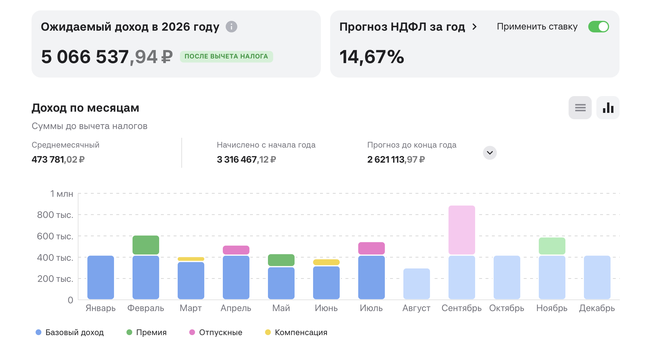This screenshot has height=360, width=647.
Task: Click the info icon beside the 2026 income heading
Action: click(x=231, y=27)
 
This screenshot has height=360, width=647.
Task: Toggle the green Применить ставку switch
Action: click(x=598, y=27)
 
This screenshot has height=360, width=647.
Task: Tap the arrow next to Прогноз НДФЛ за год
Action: click(x=474, y=27)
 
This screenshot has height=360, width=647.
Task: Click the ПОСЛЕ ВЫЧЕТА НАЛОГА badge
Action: click(x=226, y=56)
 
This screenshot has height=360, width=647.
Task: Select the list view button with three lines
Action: click(x=580, y=108)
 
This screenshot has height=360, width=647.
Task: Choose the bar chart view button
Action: click(x=608, y=108)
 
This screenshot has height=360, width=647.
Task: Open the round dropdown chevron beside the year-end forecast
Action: click(x=490, y=153)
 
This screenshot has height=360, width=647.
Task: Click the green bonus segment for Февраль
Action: click(x=146, y=245)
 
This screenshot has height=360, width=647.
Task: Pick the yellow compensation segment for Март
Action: click(x=191, y=259)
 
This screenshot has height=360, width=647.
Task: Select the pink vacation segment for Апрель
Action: click(x=236, y=250)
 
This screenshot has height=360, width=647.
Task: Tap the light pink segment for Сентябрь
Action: click(x=462, y=230)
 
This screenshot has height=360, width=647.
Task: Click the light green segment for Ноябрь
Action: click(x=552, y=246)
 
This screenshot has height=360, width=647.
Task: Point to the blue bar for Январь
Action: click(x=101, y=277)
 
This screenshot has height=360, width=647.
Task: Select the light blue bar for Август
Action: click(x=417, y=284)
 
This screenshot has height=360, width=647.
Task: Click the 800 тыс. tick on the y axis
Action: click(x=55, y=215)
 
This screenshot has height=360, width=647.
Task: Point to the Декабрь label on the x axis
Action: click(x=597, y=308)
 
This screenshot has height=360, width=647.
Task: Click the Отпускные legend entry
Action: click(x=216, y=332)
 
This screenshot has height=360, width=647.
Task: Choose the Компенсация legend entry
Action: click(x=296, y=332)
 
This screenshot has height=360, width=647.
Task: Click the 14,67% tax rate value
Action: click(x=372, y=57)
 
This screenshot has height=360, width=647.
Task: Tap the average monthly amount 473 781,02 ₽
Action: click(x=58, y=159)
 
